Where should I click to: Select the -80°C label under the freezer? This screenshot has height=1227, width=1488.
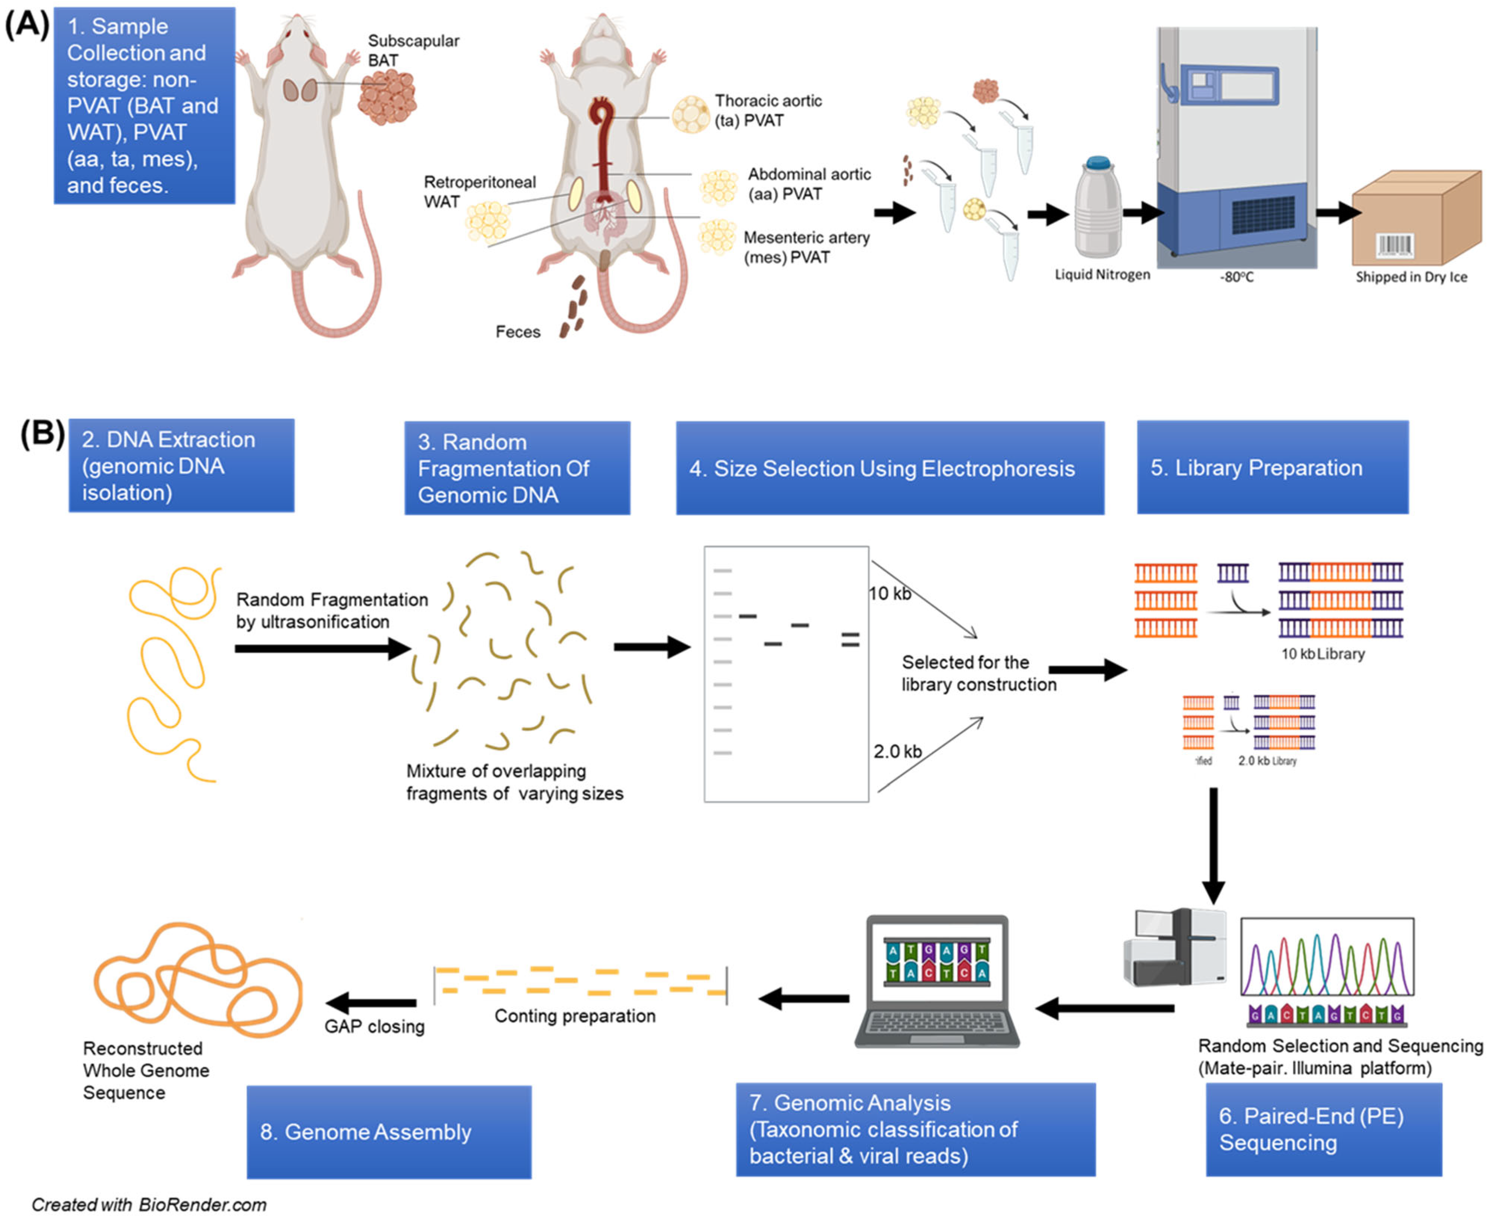1236,277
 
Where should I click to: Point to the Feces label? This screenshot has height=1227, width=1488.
517,332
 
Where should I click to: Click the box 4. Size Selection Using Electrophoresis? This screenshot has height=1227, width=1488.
889,468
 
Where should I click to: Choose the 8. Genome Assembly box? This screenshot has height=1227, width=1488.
388,1132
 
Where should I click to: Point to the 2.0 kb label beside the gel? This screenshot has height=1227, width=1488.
897,751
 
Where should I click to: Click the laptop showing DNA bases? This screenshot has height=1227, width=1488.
937,981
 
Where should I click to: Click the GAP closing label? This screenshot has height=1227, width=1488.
374,1026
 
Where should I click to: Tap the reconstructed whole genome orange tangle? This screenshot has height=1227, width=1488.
198,979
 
